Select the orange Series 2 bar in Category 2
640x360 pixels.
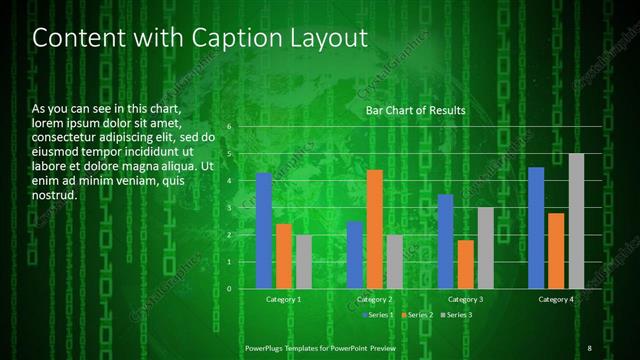point(375,229)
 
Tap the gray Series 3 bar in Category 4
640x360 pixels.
point(576,221)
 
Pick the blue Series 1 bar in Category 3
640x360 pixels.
point(446,241)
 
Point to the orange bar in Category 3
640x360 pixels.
point(466,264)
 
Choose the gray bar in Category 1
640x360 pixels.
point(304,262)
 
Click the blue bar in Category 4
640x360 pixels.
point(536,228)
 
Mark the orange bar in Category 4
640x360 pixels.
point(556,251)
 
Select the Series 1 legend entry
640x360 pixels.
point(379,315)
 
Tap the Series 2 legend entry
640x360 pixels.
point(419,315)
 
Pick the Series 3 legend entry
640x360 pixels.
point(458,315)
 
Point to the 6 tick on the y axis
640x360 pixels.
point(229,127)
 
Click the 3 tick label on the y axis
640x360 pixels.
point(229,208)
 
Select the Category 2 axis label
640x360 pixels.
point(375,299)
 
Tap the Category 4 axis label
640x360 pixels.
point(556,299)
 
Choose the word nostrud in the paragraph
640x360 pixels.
point(54,194)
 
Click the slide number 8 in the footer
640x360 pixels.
point(590,347)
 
